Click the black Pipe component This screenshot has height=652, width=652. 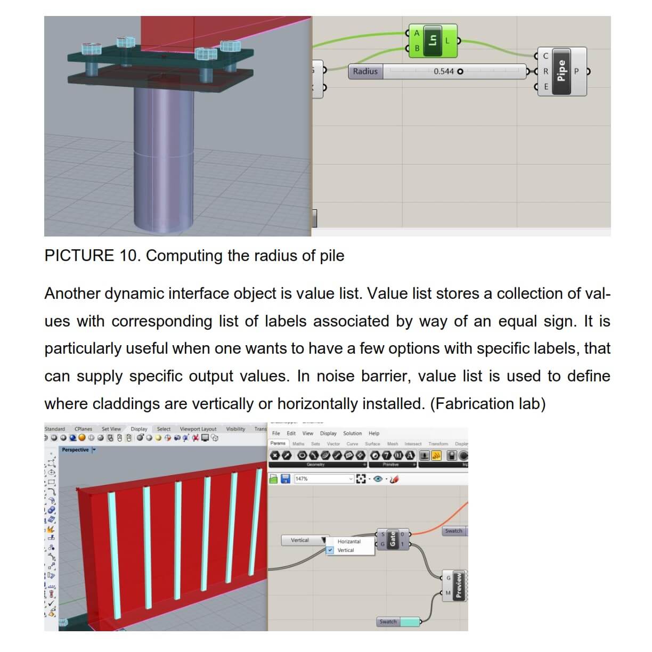(561, 71)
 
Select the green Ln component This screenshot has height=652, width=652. (433, 40)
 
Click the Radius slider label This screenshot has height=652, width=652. (365, 71)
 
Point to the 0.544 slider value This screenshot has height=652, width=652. (444, 71)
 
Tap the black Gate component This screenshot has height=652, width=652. (393, 539)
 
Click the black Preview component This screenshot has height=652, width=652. (459, 585)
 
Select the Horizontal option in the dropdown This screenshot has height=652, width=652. (349, 541)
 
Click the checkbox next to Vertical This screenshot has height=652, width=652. (331, 550)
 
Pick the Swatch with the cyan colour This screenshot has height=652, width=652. (409, 622)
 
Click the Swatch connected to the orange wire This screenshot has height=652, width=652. (454, 531)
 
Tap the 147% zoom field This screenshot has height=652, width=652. (323, 479)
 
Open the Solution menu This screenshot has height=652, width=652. (352, 434)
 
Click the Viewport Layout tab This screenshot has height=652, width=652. (198, 429)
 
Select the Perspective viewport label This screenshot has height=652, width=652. (75, 450)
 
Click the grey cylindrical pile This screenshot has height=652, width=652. (162, 160)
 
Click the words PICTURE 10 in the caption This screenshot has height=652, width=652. (91, 256)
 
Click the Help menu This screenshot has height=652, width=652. (374, 434)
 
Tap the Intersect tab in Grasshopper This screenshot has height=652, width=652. (413, 444)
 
